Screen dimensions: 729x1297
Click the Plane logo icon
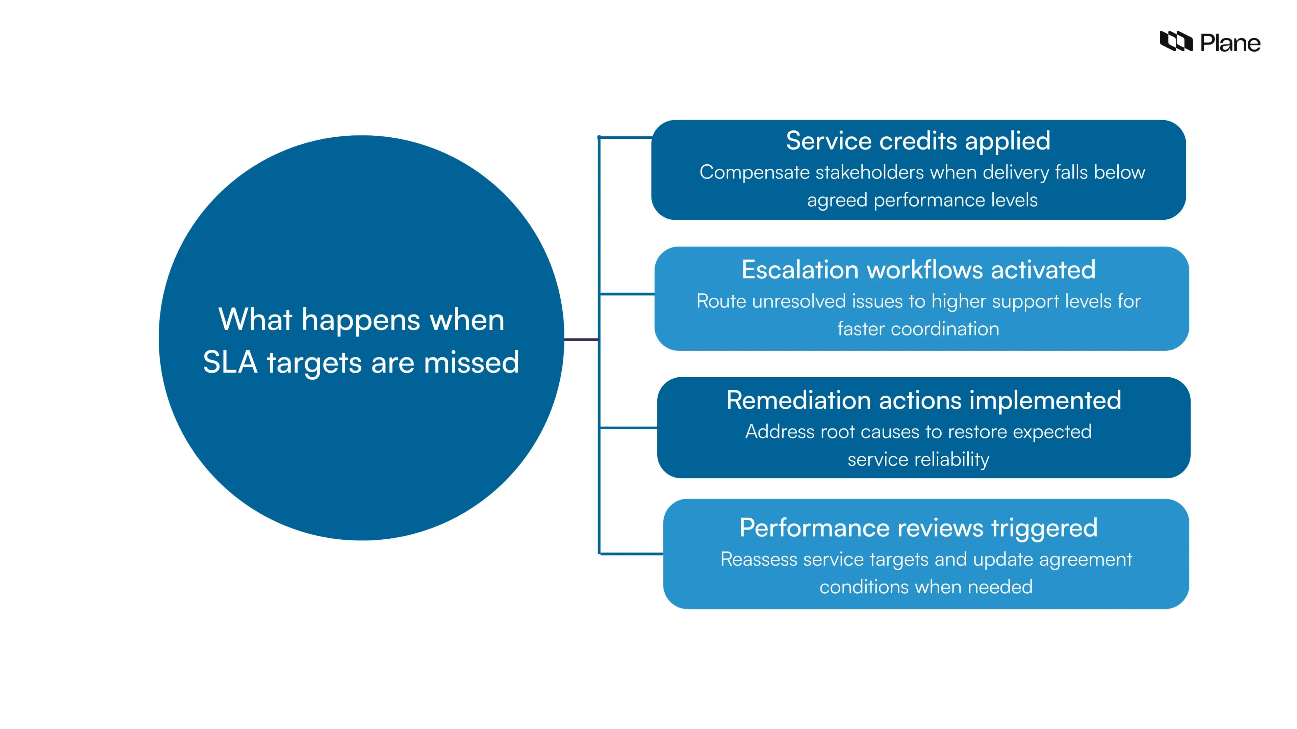click(1176, 41)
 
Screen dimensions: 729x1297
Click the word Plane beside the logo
click(1230, 43)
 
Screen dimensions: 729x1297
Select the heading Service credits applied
click(918, 141)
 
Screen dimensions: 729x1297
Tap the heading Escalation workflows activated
click(918, 270)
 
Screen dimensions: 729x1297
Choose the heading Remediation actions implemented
click(923, 401)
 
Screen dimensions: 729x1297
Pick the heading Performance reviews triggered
click(918, 528)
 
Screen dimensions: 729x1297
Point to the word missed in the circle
click(471, 362)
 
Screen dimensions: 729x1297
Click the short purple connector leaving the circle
click(581, 340)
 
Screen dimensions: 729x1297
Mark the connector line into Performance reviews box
click(631, 554)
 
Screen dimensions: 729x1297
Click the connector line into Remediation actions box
click(628, 428)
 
